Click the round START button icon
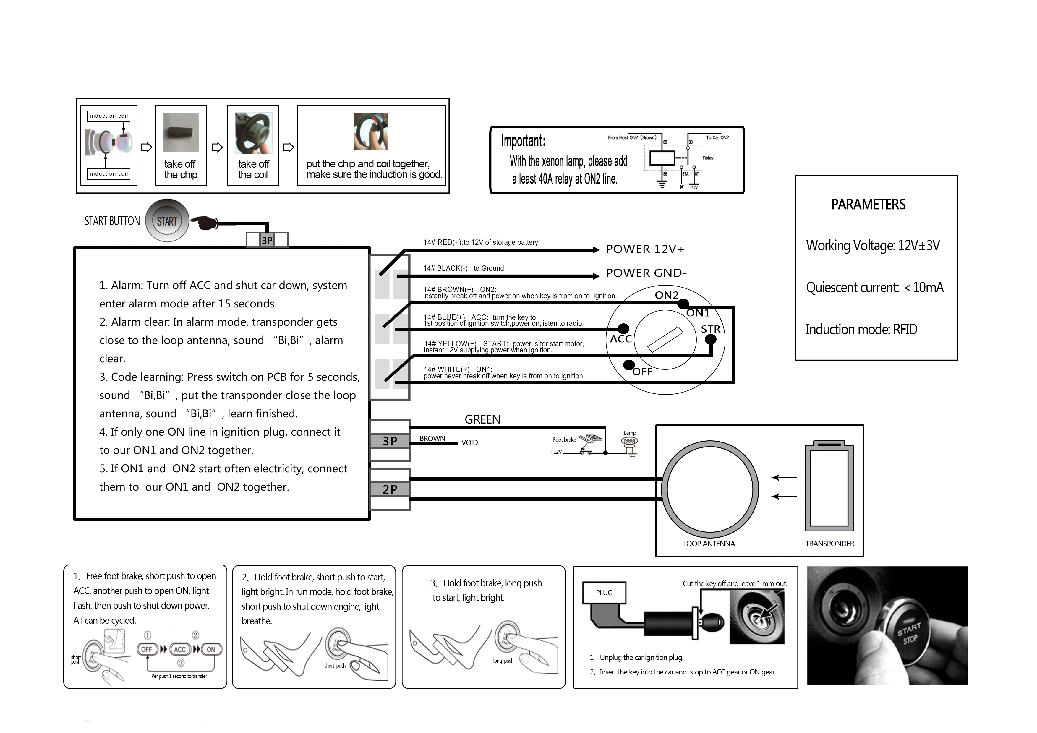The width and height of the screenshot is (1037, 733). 167,221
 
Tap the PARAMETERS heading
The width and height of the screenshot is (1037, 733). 868,205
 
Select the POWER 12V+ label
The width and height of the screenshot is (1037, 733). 645,249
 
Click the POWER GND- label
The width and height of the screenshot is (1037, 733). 646,273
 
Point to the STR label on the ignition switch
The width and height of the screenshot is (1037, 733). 710,329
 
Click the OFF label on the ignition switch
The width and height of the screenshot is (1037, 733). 642,372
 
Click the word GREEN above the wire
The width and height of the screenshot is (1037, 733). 482,420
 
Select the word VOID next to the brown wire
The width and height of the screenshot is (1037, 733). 469,442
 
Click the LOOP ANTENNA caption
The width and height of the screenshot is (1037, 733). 709,544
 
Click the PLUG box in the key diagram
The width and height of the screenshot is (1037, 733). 604,593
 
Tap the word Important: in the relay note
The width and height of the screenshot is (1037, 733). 523,141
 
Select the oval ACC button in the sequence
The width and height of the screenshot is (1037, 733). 180,649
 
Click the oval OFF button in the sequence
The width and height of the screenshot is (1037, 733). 147,649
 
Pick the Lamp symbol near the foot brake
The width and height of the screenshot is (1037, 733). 630,442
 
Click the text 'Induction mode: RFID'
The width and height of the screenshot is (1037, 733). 861,329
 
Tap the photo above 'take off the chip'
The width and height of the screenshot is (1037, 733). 181,132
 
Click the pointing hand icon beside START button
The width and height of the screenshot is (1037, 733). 204,222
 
